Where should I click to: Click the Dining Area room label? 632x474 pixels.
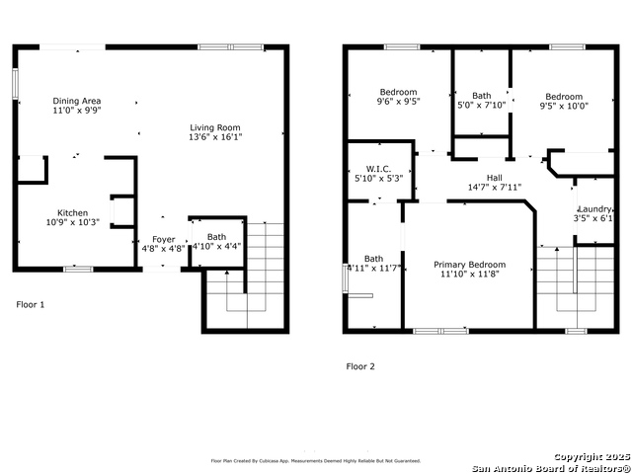coord(77,101)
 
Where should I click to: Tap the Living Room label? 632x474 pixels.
coord(215,126)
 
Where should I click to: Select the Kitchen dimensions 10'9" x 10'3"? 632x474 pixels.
coord(72,224)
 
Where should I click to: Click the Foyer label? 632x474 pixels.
coord(163,238)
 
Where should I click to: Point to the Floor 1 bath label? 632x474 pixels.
coord(216,237)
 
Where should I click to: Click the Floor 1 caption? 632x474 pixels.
coord(31,305)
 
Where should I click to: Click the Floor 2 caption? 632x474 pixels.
coord(360,366)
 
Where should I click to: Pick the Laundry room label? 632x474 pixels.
coord(594,209)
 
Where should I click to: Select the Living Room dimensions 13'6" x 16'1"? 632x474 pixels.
coord(215,137)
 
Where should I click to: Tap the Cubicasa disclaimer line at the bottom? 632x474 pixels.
coord(316,460)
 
